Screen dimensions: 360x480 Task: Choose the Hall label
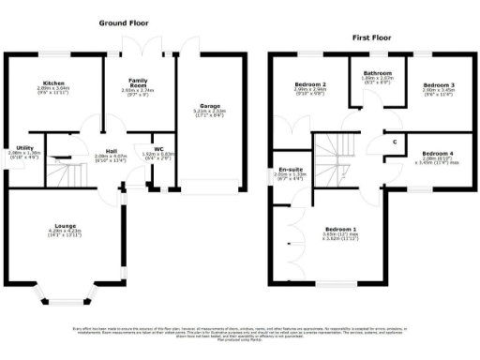[111, 151]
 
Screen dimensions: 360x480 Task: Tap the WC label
[158, 148]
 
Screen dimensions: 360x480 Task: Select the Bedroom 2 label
[308, 84]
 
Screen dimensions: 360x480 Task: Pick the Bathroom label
[377, 73]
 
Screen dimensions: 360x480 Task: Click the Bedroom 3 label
[437, 84]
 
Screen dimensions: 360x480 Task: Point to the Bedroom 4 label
[437, 153]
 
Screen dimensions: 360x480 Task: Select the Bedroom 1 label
[340, 229]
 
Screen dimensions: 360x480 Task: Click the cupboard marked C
[395, 141]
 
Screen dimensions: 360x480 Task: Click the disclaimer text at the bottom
[240, 333]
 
